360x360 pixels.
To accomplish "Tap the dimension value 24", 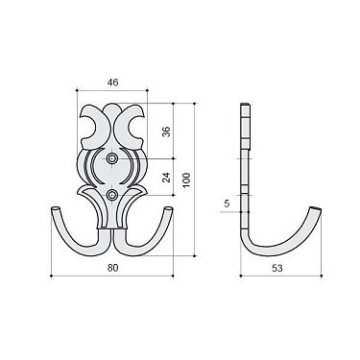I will click(x=167, y=177).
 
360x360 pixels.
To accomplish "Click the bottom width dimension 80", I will click(x=112, y=269).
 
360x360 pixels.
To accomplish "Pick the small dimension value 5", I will click(x=227, y=203).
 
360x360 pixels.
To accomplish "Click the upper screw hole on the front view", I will click(x=113, y=156).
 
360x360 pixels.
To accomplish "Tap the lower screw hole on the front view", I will click(x=113, y=196).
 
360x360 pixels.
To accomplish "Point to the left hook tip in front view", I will click(x=54, y=208).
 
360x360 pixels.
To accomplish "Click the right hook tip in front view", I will click(x=172, y=208).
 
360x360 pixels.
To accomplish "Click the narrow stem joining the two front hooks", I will click(x=113, y=230).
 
